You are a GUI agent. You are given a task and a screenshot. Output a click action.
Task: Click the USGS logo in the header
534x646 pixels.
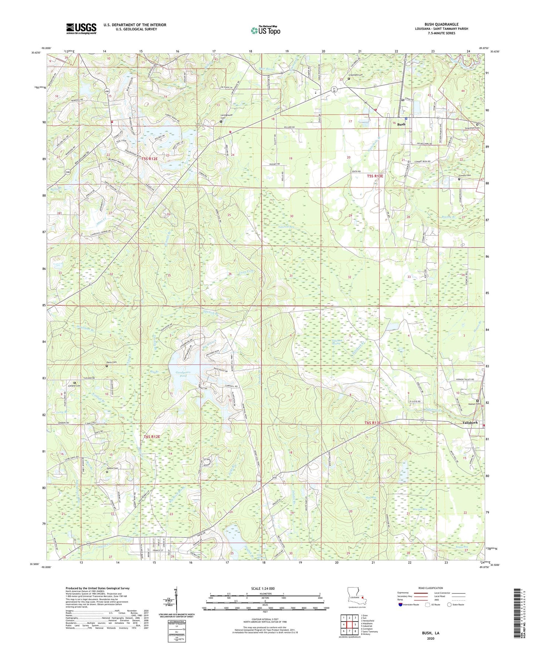click(x=81, y=28)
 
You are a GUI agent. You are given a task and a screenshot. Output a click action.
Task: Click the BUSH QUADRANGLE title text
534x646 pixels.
click(x=441, y=24)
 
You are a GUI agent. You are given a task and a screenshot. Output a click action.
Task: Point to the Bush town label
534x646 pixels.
click(x=401, y=124)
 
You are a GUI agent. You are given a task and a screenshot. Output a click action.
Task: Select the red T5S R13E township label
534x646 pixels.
click(x=375, y=176)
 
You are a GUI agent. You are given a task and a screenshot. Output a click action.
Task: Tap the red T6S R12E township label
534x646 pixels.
click(x=152, y=437)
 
